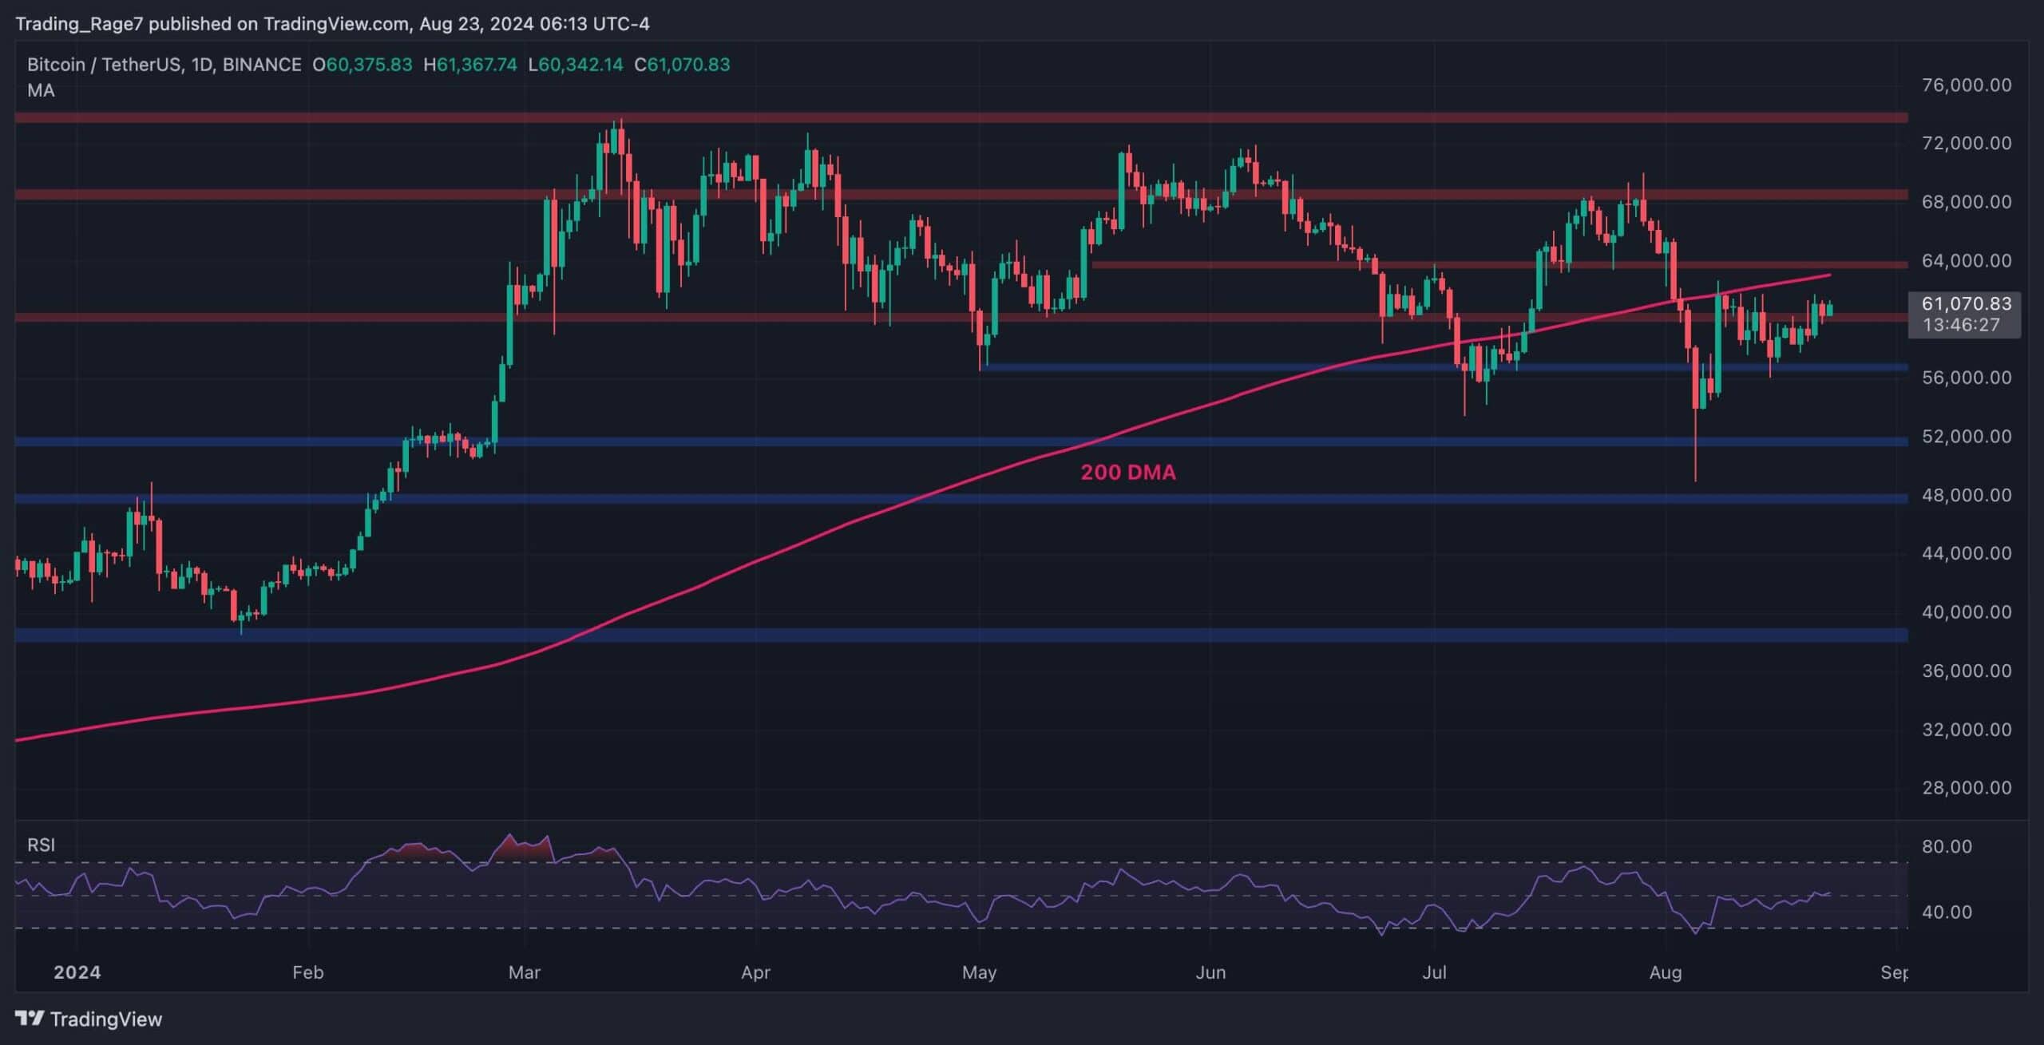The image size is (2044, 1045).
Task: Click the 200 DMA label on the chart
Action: point(1127,473)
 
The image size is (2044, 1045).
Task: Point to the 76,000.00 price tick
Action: point(1967,85)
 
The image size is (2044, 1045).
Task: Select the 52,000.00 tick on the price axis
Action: point(1967,436)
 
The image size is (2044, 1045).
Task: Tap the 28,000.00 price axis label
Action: point(1967,788)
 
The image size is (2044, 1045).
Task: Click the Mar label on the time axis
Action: point(524,972)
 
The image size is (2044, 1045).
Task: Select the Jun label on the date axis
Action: point(1210,972)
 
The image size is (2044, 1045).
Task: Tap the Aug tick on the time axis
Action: point(1666,972)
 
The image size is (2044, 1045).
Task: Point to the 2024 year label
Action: point(77,972)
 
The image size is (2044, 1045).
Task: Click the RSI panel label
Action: point(41,845)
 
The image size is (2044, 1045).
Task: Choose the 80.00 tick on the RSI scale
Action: point(1947,846)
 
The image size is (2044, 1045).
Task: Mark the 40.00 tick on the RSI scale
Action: point(1947,912)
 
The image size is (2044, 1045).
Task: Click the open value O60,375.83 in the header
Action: point(362,65)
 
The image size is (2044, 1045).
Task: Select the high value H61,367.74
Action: point(470,65)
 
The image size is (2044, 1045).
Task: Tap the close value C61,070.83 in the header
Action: point(682,65)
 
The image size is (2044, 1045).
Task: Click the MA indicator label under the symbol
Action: point(41,90)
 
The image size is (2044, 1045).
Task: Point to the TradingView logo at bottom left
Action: point(89,1019)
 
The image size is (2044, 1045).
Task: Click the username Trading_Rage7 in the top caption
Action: point(78,24)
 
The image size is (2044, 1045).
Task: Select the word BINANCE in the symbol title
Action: point(262,65)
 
